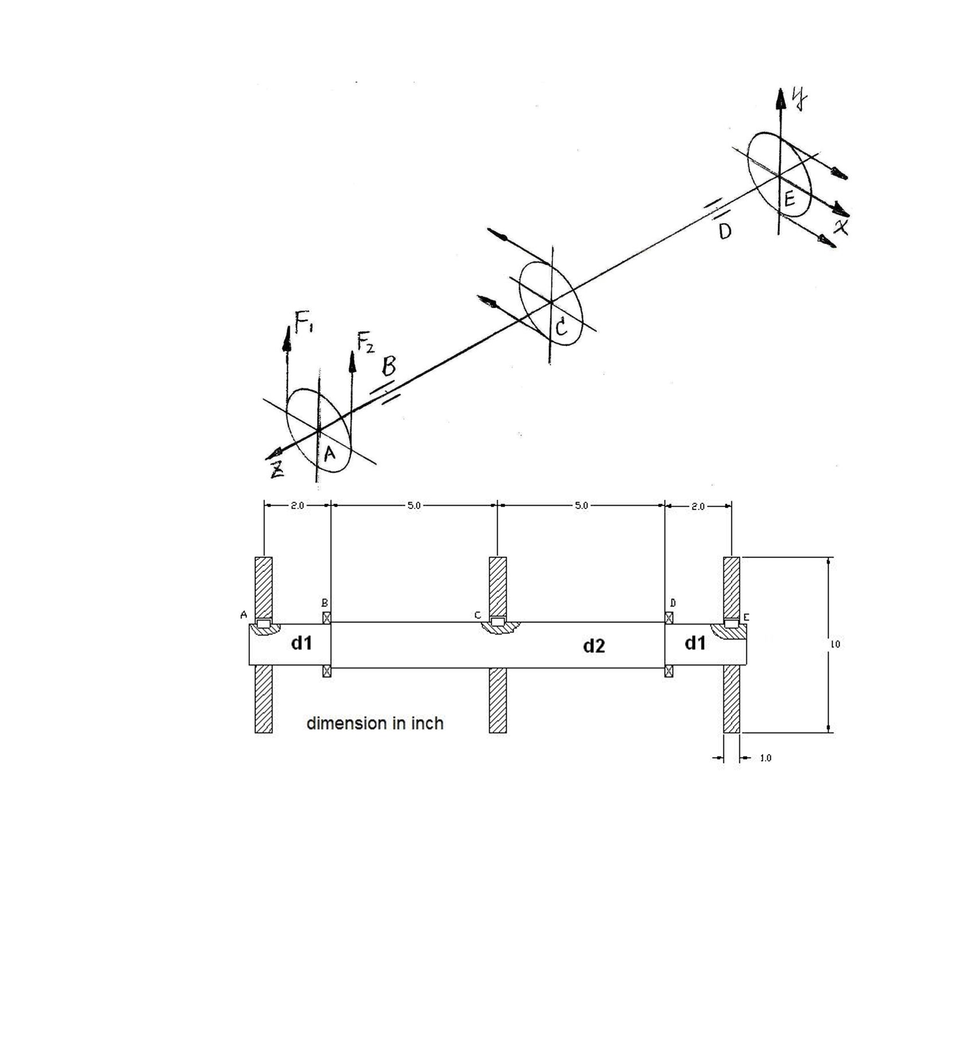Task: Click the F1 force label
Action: coord(303,322)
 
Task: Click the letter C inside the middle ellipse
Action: coord(561,327)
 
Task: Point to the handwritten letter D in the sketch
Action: coord(725,231)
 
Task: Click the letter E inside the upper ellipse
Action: coord(789,199)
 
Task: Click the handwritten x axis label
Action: coord(842,227)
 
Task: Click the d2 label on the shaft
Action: coord(594,646)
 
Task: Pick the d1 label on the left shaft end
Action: coord(302,642)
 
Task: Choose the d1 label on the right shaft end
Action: coord(696,642)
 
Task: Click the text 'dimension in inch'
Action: coord(375,723)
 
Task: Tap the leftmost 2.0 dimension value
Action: coord(297,505)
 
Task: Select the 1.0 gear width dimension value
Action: coord(766,758)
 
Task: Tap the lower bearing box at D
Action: coord(669,671)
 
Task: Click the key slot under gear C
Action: coord(498,622)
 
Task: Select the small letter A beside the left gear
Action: coord(244,614)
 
